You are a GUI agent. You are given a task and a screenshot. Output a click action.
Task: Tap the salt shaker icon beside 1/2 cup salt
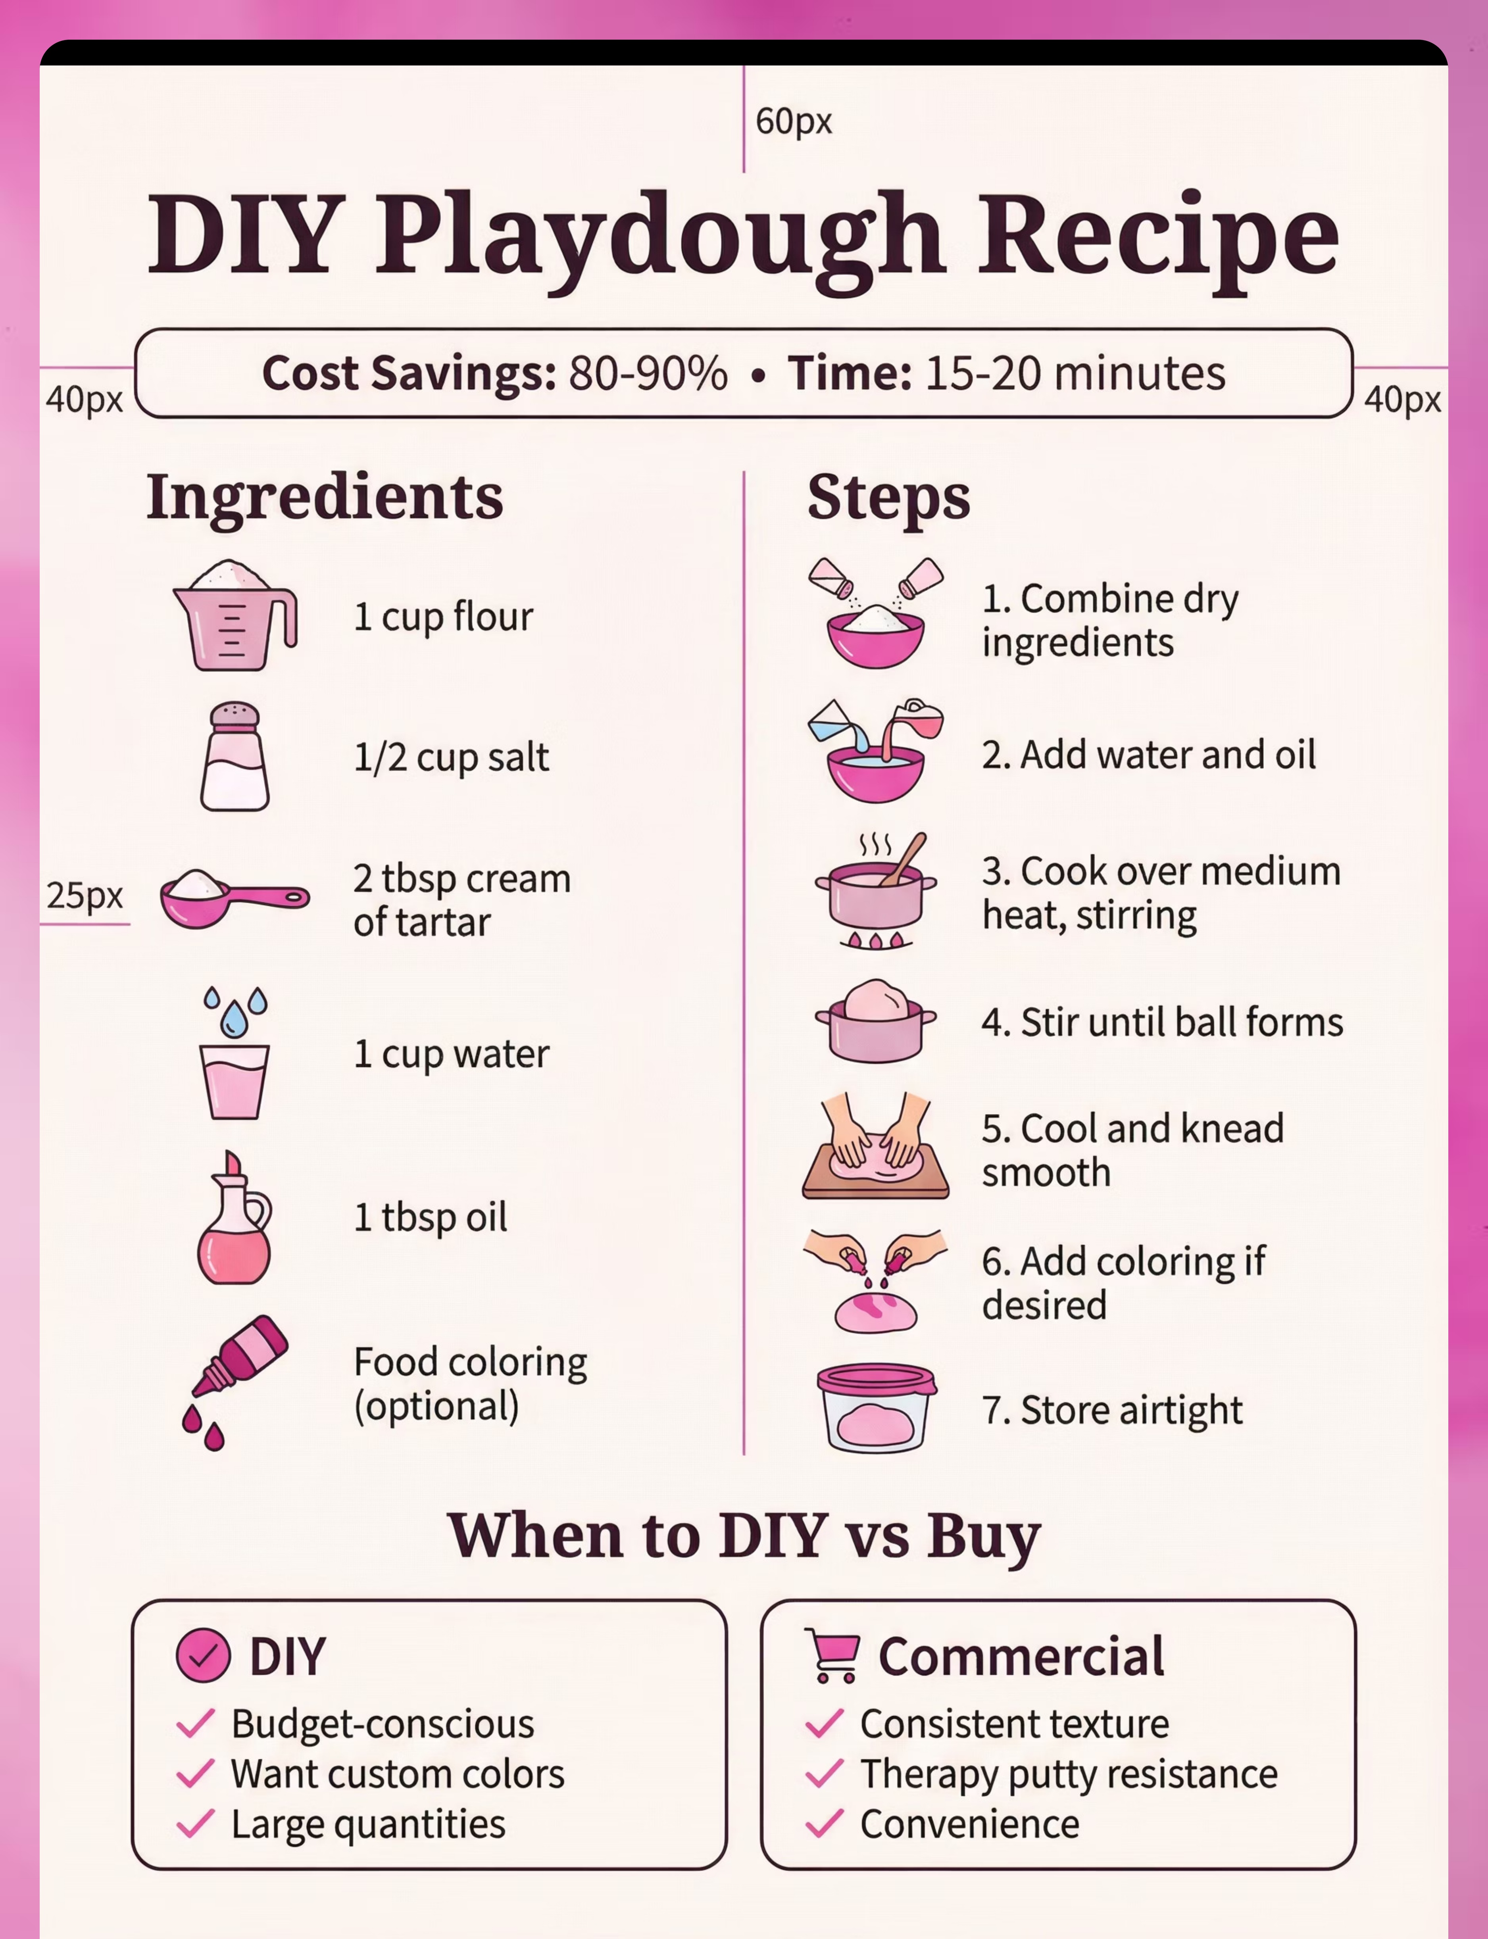pyautogui.click(x=235, y=757)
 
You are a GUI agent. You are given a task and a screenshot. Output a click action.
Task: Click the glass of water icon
pyautogui.click(x=234, y=1053)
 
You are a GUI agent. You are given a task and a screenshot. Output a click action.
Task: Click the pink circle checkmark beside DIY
pyautogui.click(x=203, y=1655)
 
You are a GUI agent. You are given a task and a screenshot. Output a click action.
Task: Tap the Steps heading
pyautogui.click(x=888, y=498)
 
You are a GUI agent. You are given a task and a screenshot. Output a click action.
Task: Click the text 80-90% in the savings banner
pyautogui.click(x=648, y=373)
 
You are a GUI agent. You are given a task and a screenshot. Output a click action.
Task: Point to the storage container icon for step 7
pyautogui.click(x=876, y=1408)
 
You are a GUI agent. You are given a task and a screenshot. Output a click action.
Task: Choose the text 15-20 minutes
pyautogui.click(x=1075, y=373)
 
